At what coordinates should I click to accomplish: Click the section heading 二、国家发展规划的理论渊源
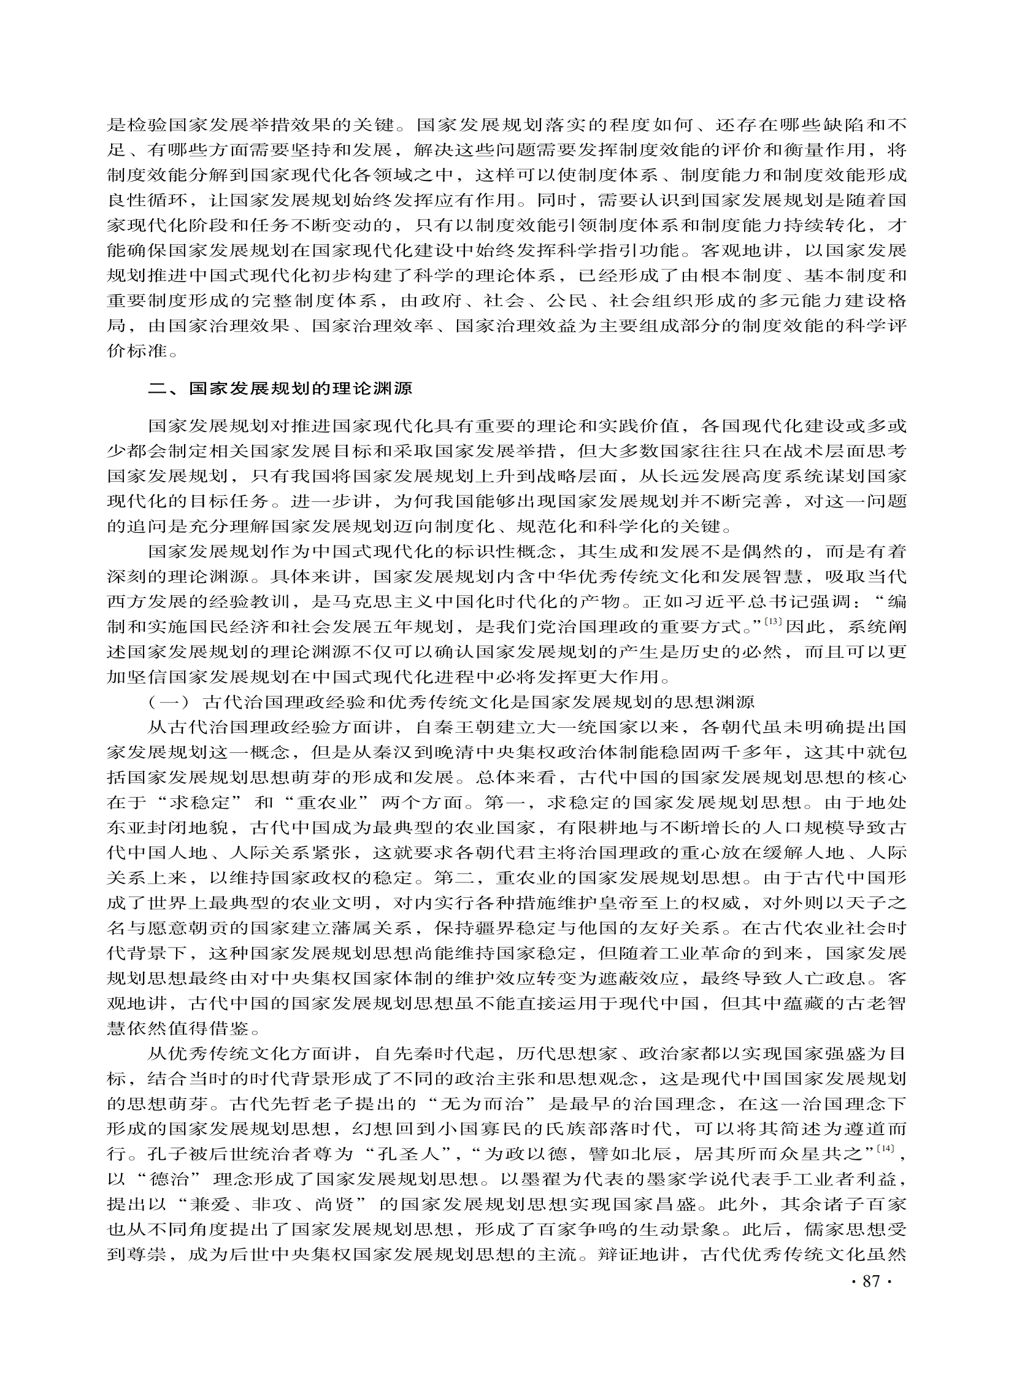point(281,389)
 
